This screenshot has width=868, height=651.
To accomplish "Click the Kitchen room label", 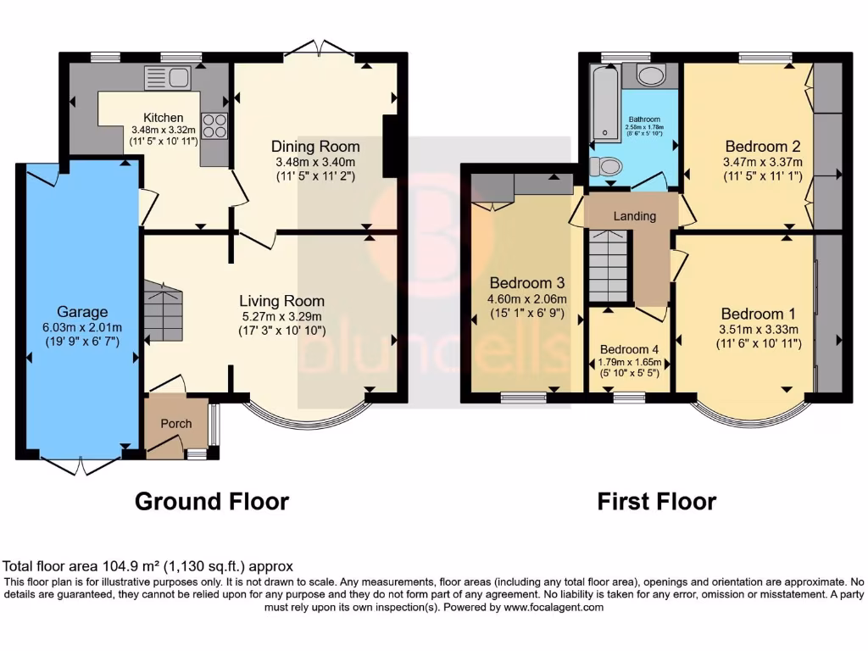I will click(163, 118).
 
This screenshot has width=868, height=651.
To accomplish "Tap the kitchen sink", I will click(167, 78).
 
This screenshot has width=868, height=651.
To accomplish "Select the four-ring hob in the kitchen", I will click(214, 125).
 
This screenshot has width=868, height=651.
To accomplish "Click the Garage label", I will click(77, 311).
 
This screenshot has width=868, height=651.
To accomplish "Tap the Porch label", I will click(176, 423).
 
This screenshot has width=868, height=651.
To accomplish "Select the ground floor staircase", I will click(163, 311).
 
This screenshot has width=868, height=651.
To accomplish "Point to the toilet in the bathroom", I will click(605, 165).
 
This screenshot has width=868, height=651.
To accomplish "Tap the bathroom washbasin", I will click(650, 76).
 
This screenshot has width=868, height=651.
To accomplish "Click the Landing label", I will click(635, 216).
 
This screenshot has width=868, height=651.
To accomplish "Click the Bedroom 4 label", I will click(629, 349).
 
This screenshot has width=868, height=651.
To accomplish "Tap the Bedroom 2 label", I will click(762, 144).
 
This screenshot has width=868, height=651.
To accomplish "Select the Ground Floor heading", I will click(212, 502).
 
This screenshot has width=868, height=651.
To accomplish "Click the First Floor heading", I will click(656, 502).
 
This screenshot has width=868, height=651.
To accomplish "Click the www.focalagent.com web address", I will click(553, 607).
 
